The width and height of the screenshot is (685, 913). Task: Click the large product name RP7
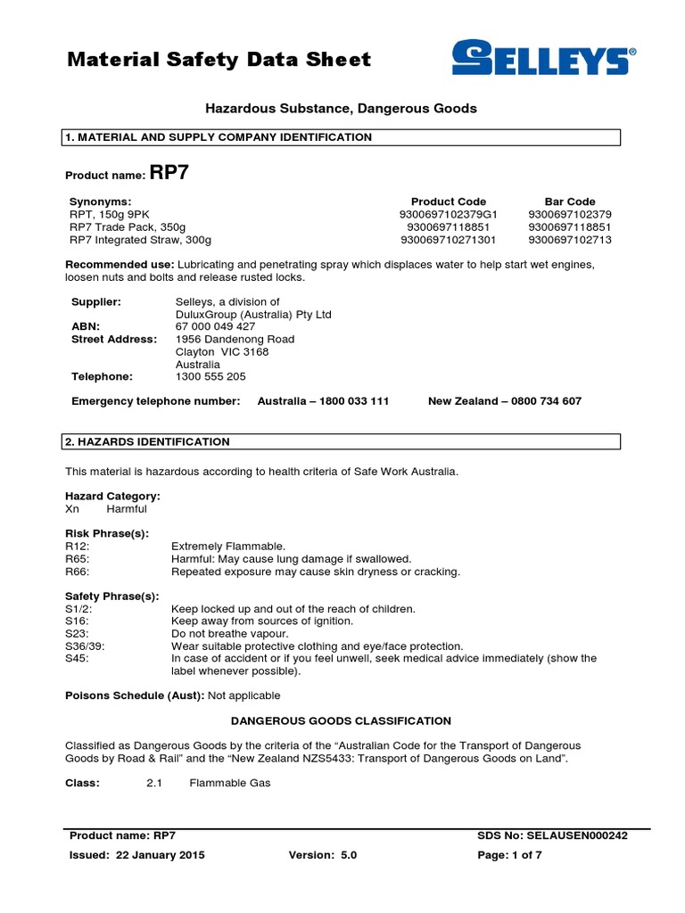point(169,173)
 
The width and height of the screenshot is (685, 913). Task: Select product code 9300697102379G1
point(449,214)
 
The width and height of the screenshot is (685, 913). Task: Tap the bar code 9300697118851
point(570,227)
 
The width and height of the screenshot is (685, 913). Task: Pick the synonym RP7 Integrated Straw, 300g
point(141,240)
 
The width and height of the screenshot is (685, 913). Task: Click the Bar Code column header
point(570,202)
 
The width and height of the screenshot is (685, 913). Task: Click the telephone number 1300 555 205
point(210,376)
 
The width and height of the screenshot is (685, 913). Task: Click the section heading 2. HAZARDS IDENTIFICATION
point(148,441)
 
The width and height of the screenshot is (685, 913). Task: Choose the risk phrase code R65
point(78,559)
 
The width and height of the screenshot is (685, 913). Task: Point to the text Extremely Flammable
point(228,546)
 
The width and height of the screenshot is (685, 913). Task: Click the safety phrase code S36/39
point(86,646)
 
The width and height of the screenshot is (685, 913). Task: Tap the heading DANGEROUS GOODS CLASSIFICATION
point(342,720)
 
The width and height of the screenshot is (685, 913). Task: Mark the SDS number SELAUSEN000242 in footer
point(578,835)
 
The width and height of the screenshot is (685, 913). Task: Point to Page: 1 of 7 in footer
point(510,854)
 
